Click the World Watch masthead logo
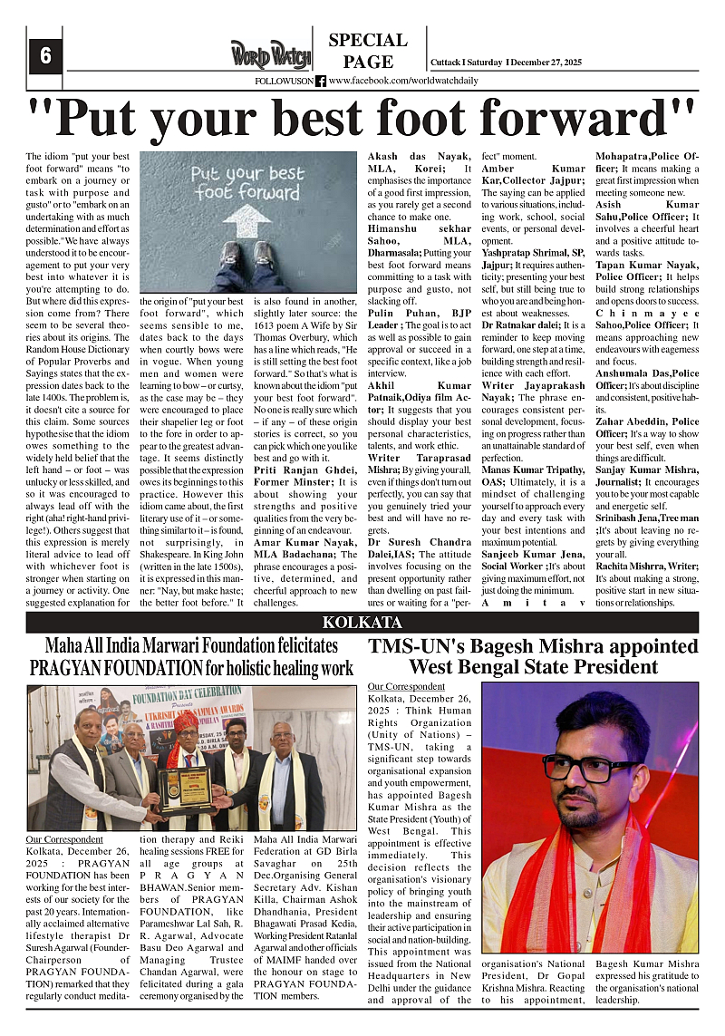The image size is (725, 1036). (x=270, y=53)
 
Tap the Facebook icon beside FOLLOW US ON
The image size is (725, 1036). (x=321, y=81)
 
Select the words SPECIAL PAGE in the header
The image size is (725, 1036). (x=368, y=51)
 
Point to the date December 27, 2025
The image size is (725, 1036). (x=561, y=62)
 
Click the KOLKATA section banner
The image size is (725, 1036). (x=362, y=623)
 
